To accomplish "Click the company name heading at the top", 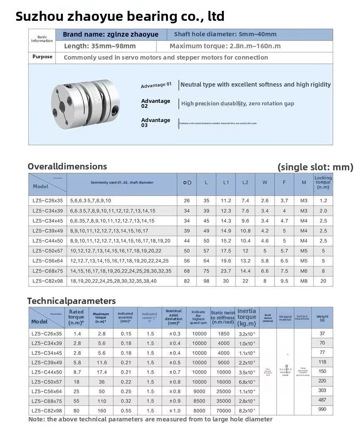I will (120, 16).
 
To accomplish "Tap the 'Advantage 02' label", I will (156, 103).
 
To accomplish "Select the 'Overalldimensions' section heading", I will (67, 167).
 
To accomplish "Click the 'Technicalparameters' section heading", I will (71, 301).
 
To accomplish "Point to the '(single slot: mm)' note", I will (315, 167).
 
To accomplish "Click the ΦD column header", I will (187, 182).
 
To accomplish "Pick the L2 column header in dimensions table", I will (245, 182).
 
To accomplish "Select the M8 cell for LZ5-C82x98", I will (304, 281).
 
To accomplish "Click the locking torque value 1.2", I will (323, 201).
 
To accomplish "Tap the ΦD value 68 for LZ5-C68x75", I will (187, 271).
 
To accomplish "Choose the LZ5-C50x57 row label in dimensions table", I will (47, 251).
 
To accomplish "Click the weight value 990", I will (322, 410).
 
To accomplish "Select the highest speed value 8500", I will (199, 401).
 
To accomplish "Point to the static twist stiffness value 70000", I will (223, 411).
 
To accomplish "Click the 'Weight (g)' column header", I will (322, 319).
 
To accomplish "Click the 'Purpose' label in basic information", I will (42, 57).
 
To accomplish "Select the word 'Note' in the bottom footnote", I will (36, 419).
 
